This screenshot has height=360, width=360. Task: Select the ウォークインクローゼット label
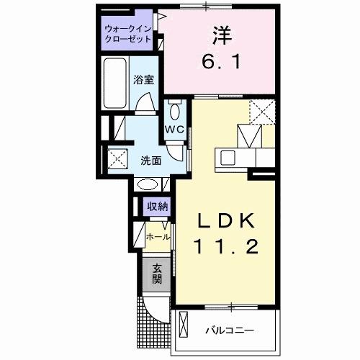(127, 34)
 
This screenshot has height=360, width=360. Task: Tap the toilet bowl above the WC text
(175, 112)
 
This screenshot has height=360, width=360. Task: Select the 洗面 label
(150, 160)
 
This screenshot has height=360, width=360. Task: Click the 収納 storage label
(158, 207)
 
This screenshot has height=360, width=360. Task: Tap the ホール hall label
(158, 236)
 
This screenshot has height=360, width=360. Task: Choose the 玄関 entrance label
(157, 273)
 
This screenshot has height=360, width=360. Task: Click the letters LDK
(224, 220)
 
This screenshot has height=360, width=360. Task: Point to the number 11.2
(224, 247)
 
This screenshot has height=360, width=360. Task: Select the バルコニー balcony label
(229, 330)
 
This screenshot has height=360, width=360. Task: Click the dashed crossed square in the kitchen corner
(261, 112)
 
